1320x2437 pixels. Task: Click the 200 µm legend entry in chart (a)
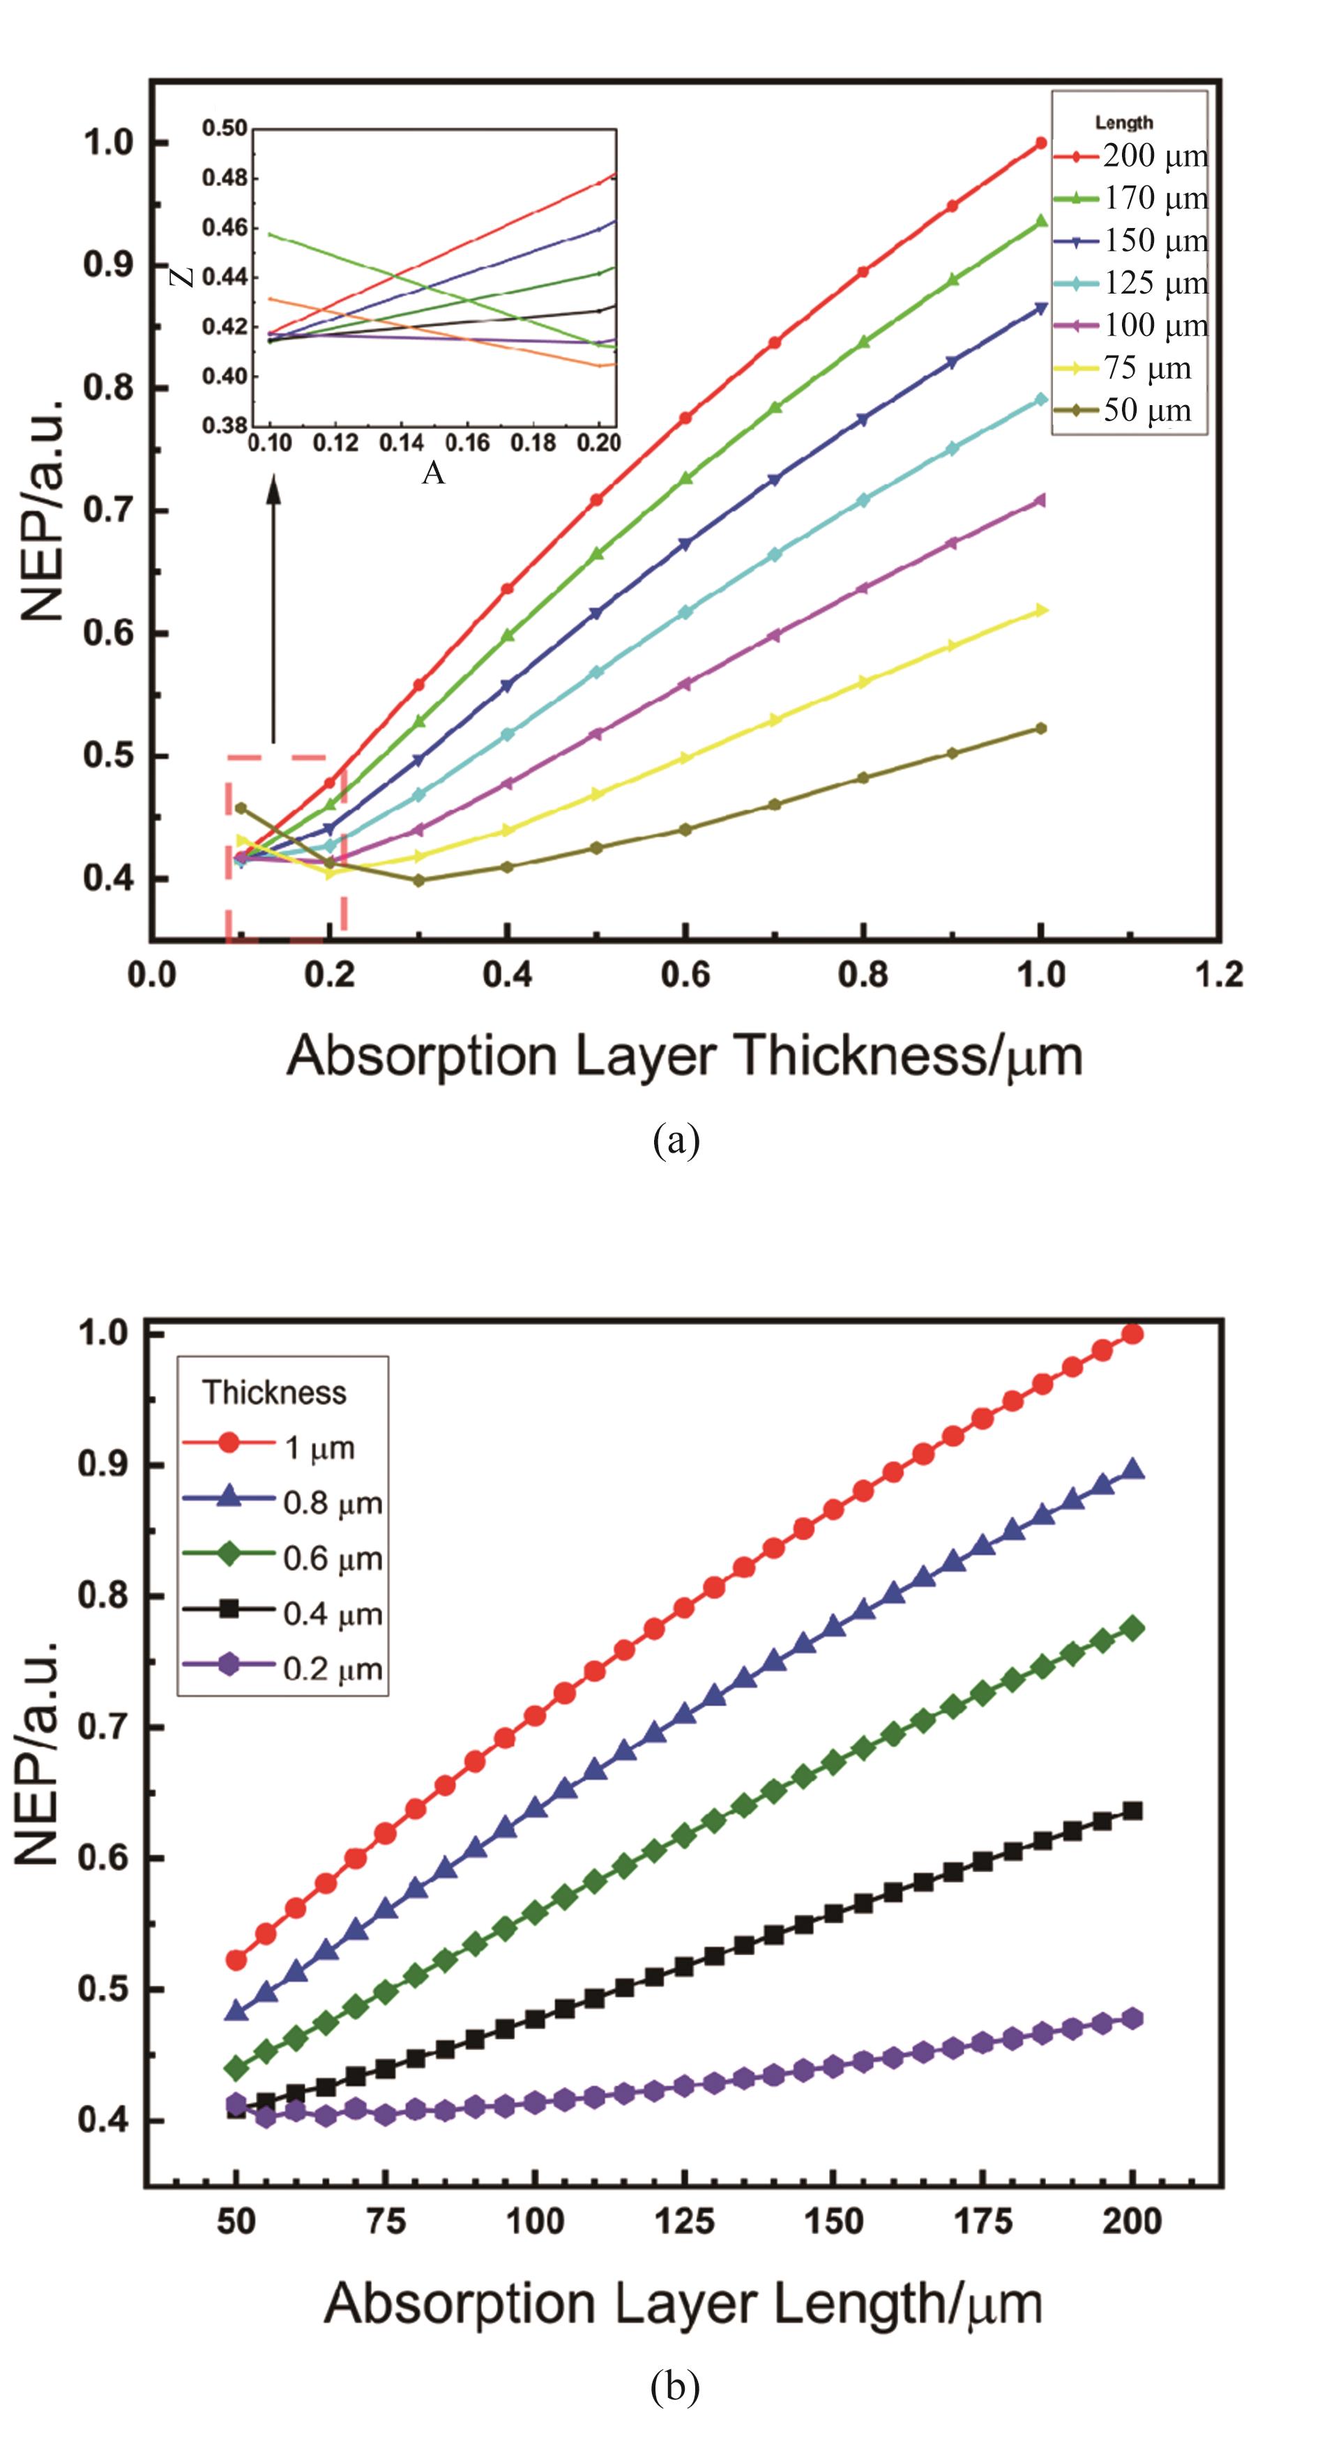click(1155, 156)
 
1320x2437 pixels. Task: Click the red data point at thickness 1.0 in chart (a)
click(1041, 143)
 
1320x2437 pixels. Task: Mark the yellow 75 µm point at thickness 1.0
click(1042, 610)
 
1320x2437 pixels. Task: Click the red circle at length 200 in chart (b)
click(1132, 1334)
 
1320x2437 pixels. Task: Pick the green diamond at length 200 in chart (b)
click(1132, 1628)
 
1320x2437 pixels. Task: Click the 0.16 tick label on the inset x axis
click(469, 443)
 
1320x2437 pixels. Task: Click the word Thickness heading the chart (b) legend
click(275, 1392)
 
